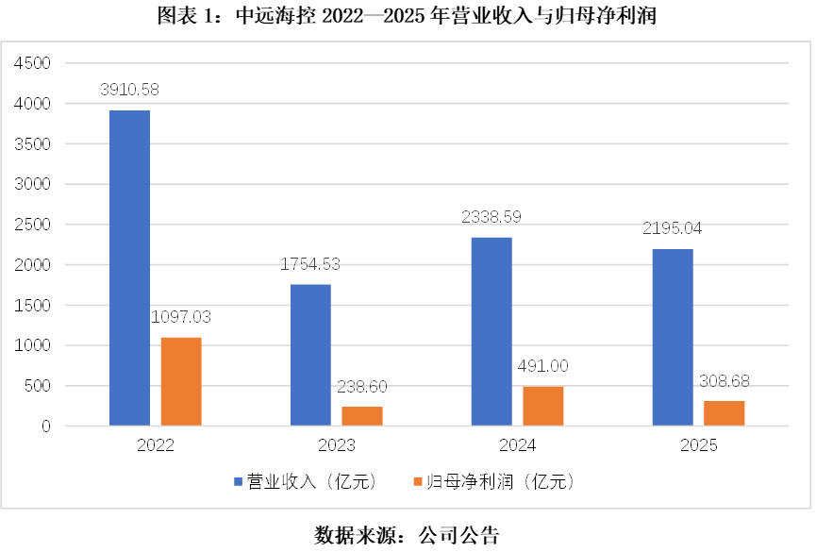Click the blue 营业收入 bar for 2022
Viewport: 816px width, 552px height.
pos(129,268)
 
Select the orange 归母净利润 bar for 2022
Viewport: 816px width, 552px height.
pos(181,381)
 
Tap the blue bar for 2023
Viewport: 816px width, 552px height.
pos(310,355)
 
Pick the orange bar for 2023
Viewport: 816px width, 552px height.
pos(362,416)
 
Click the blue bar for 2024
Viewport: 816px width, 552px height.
pos(491,331)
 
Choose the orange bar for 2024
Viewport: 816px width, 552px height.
pos(543,406)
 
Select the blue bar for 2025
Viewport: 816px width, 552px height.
pos(673,337)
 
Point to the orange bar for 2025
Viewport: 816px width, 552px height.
pos(724,413)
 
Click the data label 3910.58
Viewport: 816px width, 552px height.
pos(129,90)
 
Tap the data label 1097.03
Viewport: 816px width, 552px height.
pos(181,316)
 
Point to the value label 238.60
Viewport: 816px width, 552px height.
pos(362,386)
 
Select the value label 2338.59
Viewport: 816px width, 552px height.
pos(491,216)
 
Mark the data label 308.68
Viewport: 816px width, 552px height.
pos(724,380)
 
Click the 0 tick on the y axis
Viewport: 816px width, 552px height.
pos(44,427)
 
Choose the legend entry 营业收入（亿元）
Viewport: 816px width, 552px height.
pos(306,481)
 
